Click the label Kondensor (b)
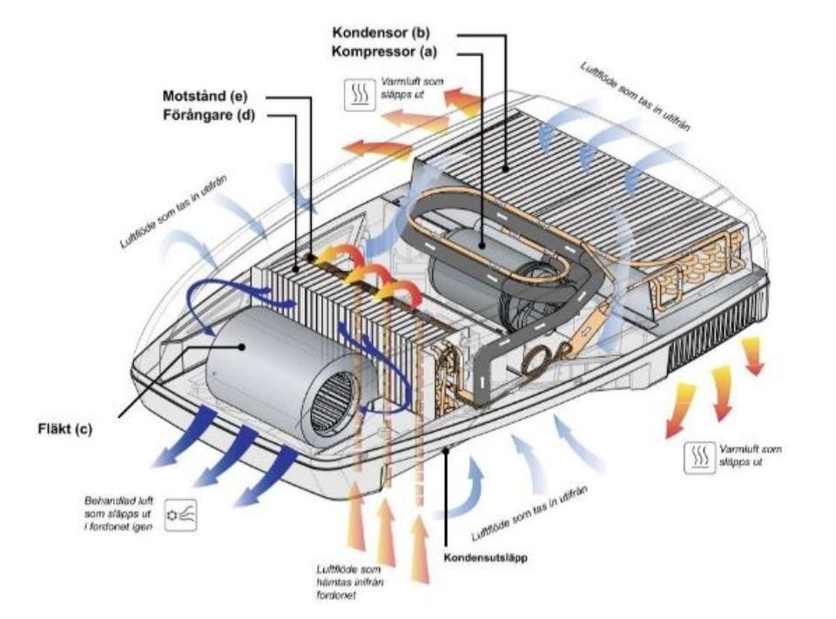(381, 33)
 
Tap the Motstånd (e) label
(206, 94)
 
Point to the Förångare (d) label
(207, 113)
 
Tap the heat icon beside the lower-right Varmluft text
(698, 455)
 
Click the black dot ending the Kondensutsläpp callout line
(446, 449)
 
